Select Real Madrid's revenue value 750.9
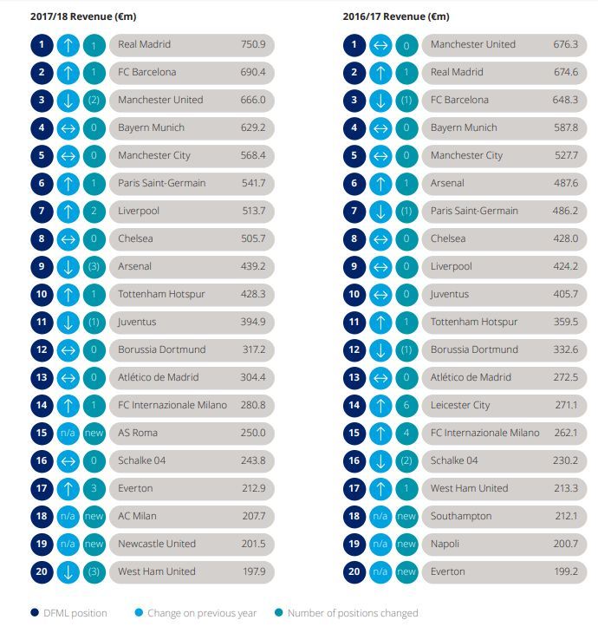tap(252, 44)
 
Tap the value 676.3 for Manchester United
tap(565, 44)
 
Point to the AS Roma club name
tap(138, 433)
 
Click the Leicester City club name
tap(460, 405)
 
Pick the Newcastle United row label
tap(157, 544)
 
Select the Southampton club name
tap(461, 516)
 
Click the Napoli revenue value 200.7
tap(565, 544)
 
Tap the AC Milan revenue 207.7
tap(252, 516)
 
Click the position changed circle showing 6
tap(406, 405)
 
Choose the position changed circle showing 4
tap(406, 433)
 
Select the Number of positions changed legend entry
tap(346, 613)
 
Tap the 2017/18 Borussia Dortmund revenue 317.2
tap(252, 349)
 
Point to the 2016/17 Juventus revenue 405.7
tap(565, 294)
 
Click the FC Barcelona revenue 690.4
tap(252, 72)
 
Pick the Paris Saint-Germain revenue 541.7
tap(252, 183)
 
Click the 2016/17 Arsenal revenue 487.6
tap(565, 183)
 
